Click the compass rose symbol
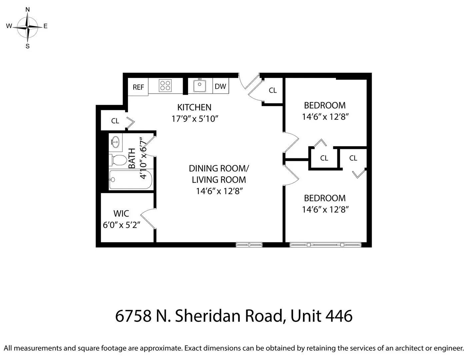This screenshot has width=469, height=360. click(x=28, y=27)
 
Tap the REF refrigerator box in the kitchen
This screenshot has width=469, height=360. click(x=138, y=87)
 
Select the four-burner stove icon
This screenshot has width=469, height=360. click(x=165, y=85)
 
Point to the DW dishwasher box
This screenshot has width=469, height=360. click(x=220, y=86)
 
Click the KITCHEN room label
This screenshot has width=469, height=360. click(x=194, y=107)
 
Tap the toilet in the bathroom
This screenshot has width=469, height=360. click(x=116, y=160)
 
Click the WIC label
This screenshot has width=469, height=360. click(x=121, y=213)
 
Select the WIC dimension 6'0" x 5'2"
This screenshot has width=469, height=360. click(x=121, y=225)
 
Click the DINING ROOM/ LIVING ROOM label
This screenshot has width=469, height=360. click(x=219, y=174)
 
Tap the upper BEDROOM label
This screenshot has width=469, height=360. click(x=325, y=105)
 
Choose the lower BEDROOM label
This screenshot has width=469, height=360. click(x=325, y=198)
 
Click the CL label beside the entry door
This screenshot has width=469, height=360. click(x=273, y=90)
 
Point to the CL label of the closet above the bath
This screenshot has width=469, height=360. click(x=115, y=121)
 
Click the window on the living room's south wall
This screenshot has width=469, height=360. click(x=249, y=245)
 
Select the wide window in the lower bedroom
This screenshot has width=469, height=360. click(x=325, y=245)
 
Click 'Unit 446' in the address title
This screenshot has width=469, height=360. click(x=321, y=316)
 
